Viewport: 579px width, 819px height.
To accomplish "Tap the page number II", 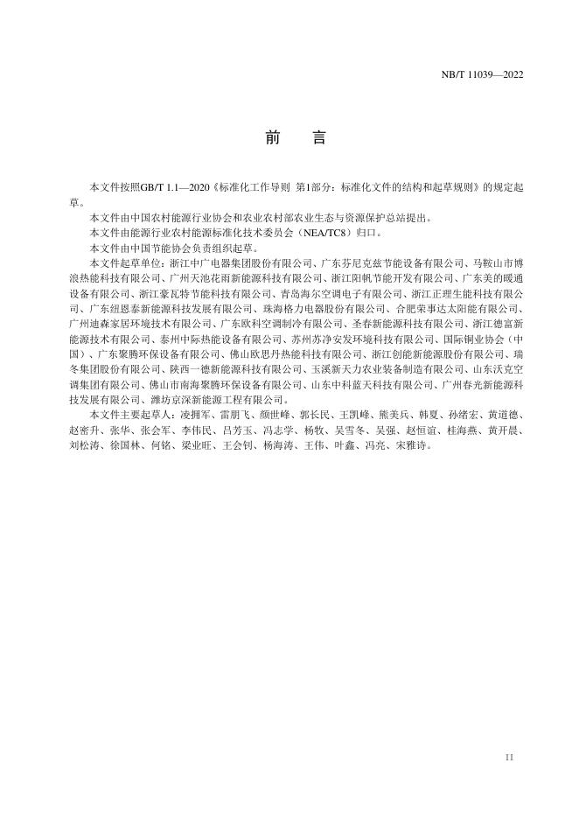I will [x=509, y=756].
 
